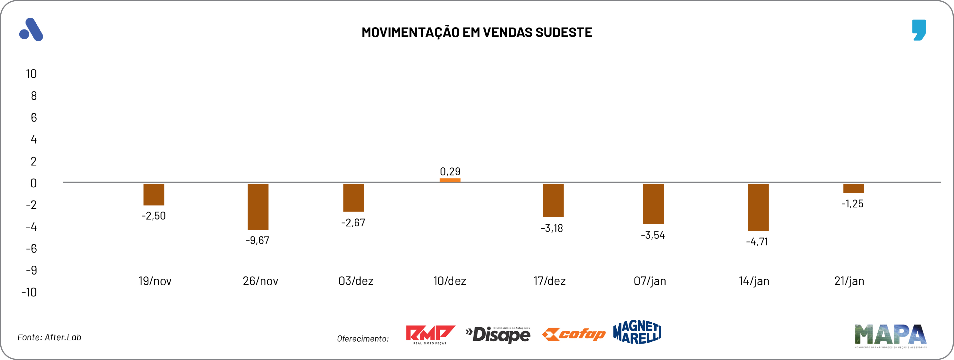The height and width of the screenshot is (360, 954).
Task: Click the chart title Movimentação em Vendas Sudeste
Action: [477, 32]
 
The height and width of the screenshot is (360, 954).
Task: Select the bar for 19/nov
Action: [154, 195]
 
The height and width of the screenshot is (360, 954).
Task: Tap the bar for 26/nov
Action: [258, 207]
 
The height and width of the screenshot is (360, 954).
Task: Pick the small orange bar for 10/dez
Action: [450, 180]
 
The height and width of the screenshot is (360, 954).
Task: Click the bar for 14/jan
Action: [758, 207]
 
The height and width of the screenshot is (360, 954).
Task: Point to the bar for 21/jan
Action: [854, 188]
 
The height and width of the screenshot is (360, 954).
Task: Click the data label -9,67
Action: [257, 240]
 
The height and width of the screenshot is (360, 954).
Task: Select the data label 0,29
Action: [450, 171]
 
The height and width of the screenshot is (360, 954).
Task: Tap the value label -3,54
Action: [653, 235]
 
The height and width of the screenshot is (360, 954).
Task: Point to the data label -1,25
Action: [852, 204]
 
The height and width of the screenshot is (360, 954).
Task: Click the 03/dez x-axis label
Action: [356, 281]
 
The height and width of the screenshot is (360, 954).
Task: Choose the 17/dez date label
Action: [549, 281]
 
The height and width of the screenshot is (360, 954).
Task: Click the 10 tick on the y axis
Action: [31, 74]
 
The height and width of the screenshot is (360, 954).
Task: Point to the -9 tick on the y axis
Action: [31, 270]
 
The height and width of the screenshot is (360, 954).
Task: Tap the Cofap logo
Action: [574, 334]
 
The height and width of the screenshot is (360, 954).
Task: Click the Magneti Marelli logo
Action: [637, 332]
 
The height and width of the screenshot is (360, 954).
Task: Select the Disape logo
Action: [498, 335]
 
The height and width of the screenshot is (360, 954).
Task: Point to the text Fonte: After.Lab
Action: [49, 337]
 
